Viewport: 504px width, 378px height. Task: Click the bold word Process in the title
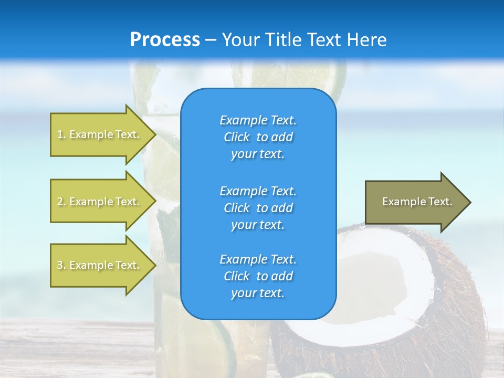165,39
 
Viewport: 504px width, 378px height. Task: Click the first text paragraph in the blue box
258,137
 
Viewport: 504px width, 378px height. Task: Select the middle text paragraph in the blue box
258,208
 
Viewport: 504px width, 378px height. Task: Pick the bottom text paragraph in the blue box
258,276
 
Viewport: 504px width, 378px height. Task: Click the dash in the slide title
211,40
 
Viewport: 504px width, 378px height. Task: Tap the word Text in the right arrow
441,202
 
